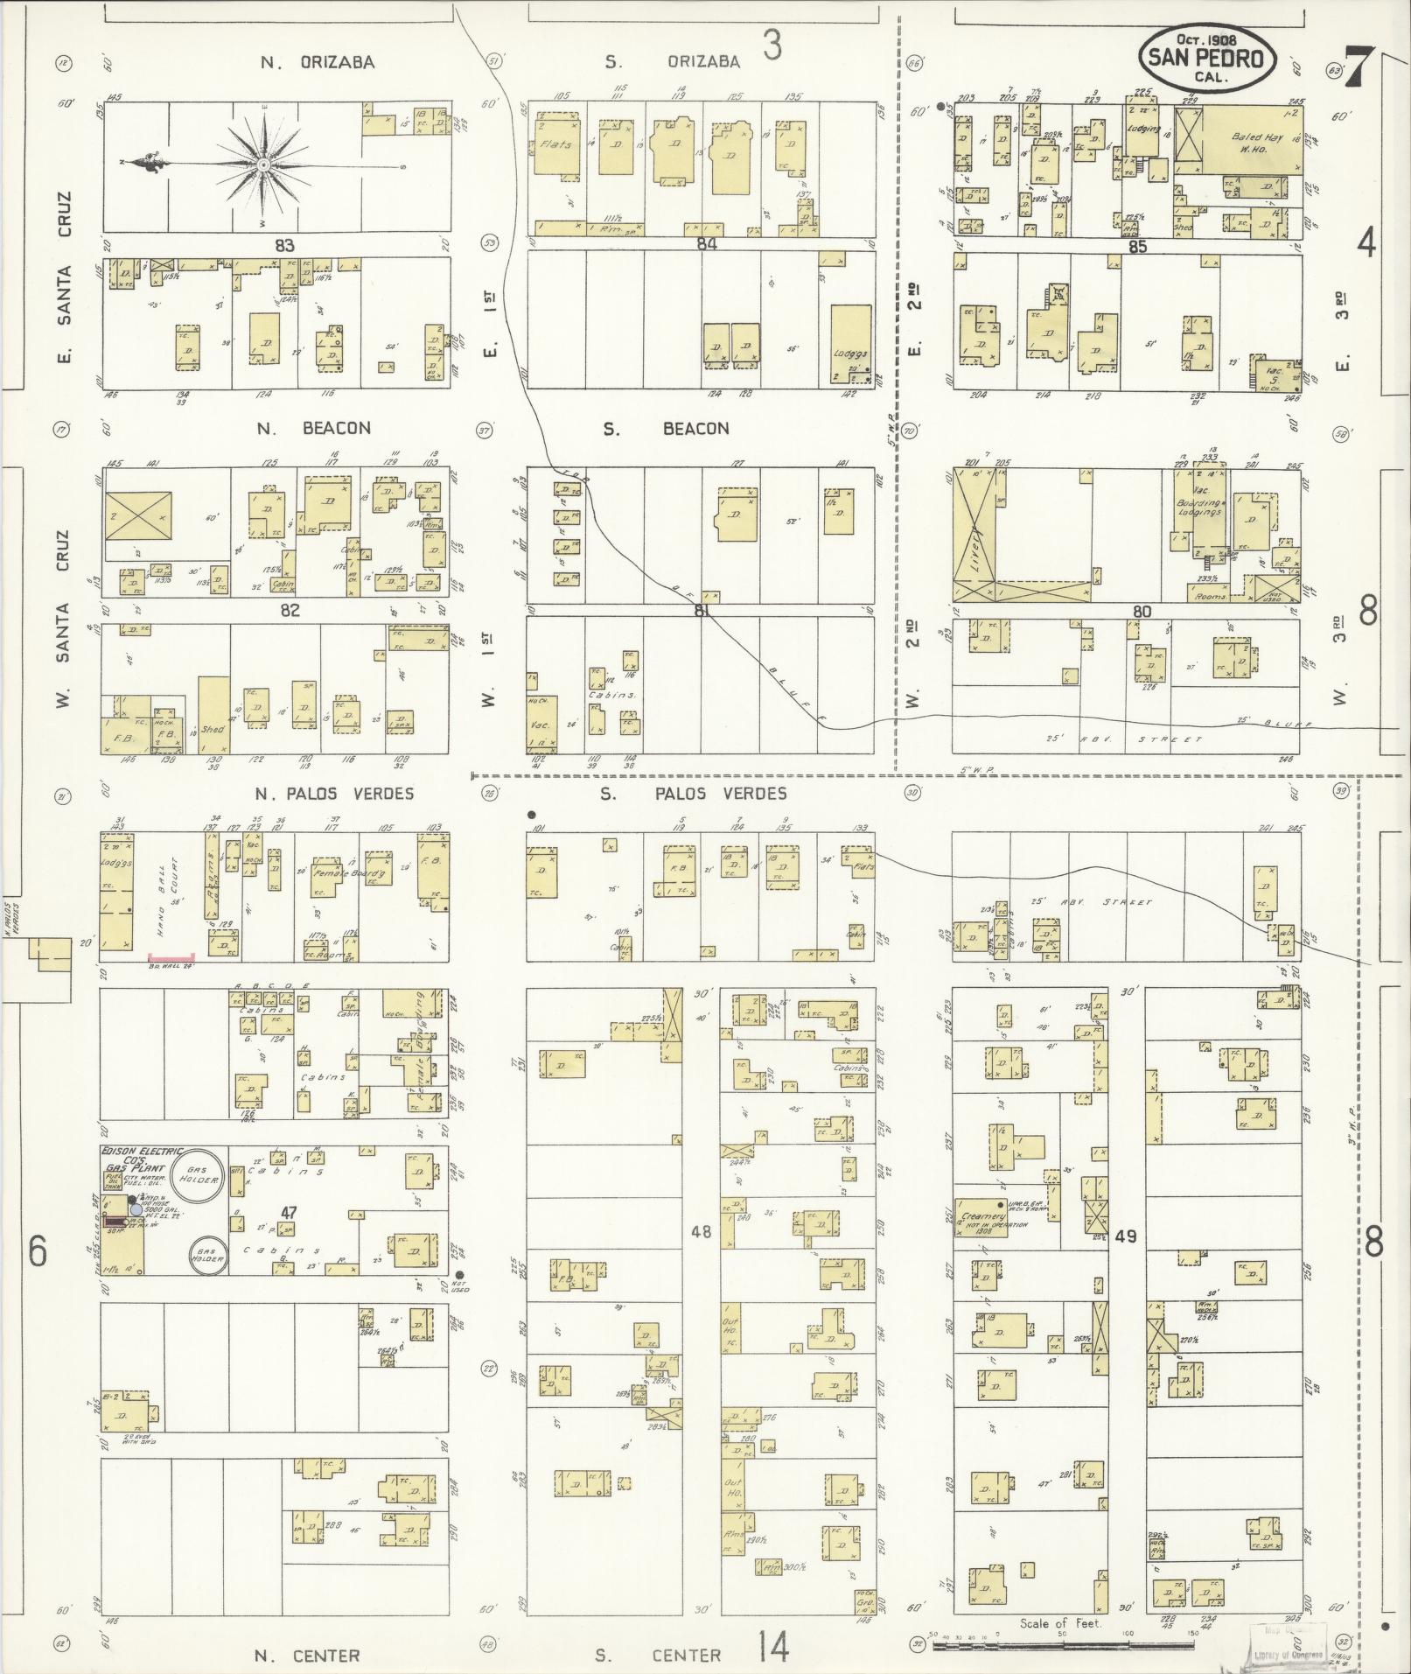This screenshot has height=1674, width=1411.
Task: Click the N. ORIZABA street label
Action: coord(318,62)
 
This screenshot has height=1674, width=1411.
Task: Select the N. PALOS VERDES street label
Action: coord(334,794)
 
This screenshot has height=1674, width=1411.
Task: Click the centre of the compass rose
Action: coord(262,164)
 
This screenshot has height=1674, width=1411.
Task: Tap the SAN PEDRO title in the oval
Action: coord(1207,59)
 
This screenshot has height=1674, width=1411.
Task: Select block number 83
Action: coord(284,245)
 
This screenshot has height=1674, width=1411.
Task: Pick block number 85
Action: coord(1137,247)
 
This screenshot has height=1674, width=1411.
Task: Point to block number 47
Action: coord(289,1212)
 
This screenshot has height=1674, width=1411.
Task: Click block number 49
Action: coord(1126,1236)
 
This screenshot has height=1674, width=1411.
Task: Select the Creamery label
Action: coord(980,1217)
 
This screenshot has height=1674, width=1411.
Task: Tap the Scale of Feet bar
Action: coord(1063,1645)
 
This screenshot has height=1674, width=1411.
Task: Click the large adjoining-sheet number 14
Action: coord(773,1649)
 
